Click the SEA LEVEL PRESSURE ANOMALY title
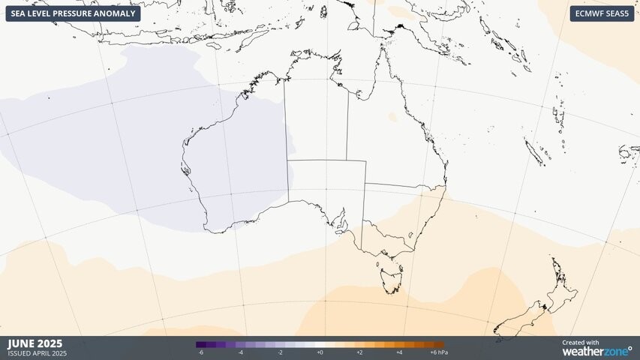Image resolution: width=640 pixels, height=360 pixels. click(73, 13)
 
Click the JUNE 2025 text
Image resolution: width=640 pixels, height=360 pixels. click(35, 343)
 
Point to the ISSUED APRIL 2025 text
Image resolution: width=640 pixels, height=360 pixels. click(37, 353)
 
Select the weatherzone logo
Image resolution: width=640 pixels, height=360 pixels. click(596, 350)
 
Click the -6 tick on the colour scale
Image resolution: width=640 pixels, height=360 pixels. click(200, 352)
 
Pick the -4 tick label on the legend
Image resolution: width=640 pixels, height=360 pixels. click(240, 352)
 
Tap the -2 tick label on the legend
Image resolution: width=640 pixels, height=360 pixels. click(280, 352)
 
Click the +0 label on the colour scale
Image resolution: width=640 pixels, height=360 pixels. click(320, 352)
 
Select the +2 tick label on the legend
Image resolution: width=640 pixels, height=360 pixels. click(359, 352)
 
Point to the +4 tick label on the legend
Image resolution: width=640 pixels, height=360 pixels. click(399, 352)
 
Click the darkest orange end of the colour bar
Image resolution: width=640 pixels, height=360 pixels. click(440, 344)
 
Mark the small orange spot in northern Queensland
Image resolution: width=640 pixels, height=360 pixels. click(392, 118)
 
